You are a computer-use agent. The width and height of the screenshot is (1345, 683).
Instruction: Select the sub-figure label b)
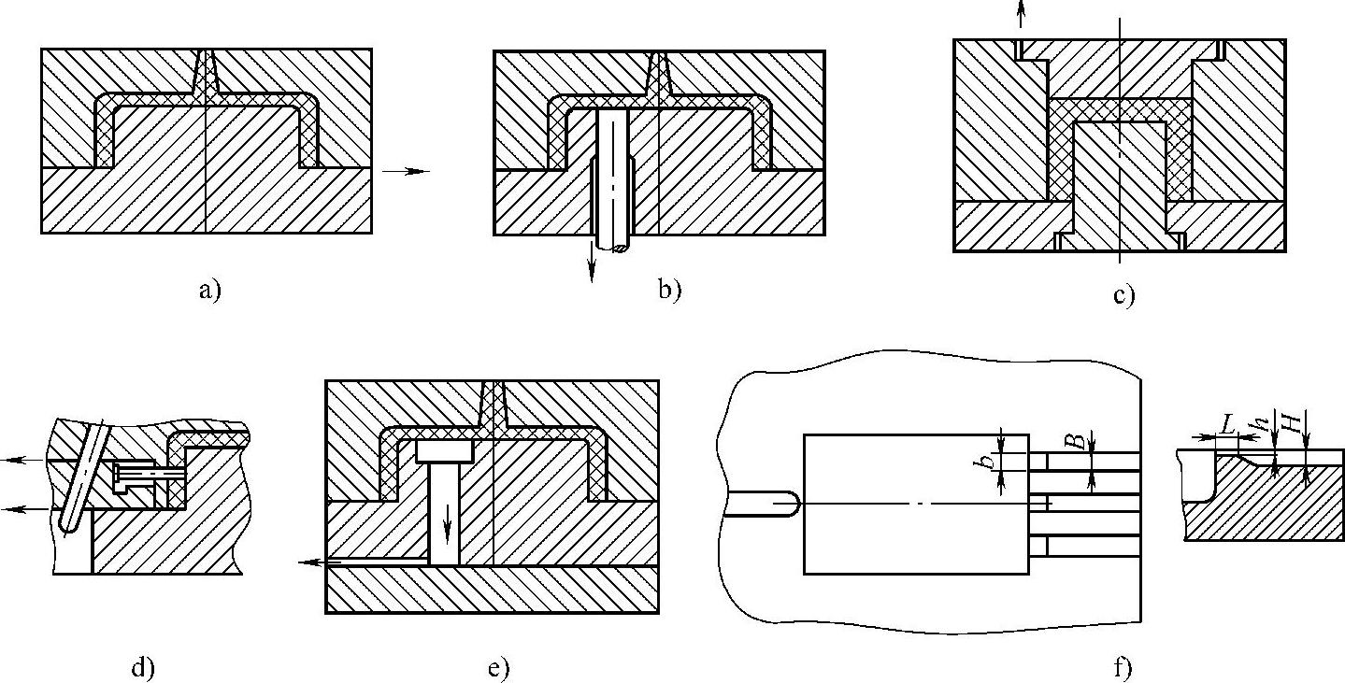(669, 291)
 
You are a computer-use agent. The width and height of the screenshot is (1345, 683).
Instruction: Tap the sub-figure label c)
(1123, 296)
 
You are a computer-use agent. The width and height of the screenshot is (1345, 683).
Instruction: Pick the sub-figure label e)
(497, 668)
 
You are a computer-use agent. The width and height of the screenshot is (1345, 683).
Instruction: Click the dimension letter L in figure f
(1228, 425)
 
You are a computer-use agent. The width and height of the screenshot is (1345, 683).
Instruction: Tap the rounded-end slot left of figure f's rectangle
(762, 504)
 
